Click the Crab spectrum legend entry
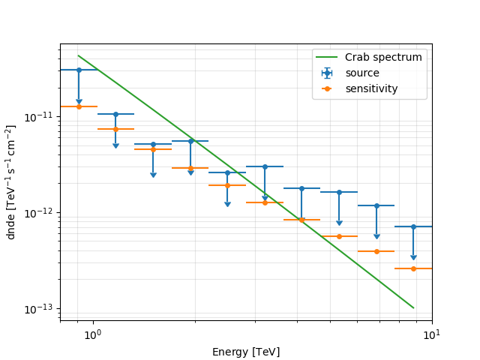[383, 57]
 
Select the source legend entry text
[362, 73]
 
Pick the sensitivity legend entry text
[371, 88]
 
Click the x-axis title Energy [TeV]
[247, 352]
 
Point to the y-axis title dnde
[11, 183]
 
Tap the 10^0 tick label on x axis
[92, 334]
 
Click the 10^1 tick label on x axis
[432, 334]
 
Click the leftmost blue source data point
[79, 70]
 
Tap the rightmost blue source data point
[413, 226]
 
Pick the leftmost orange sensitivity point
[79, 106]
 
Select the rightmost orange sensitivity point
[413, 268]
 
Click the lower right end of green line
[413, 307]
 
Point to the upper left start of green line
[79, 55]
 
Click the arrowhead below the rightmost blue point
[413, 257]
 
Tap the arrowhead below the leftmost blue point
[79, 102]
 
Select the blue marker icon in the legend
[326, 73]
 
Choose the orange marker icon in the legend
[326, 88]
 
